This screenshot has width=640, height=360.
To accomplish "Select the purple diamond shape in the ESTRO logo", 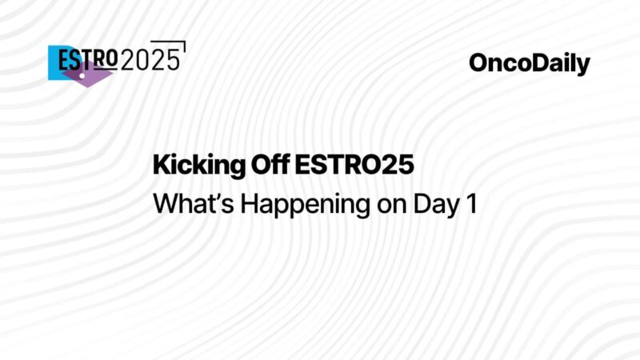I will point(86,74).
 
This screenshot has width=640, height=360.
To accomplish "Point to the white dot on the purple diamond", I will point(85,70).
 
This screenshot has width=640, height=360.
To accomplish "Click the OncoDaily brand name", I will point(529,64).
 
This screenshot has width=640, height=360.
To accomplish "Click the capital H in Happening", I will point(249,203).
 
